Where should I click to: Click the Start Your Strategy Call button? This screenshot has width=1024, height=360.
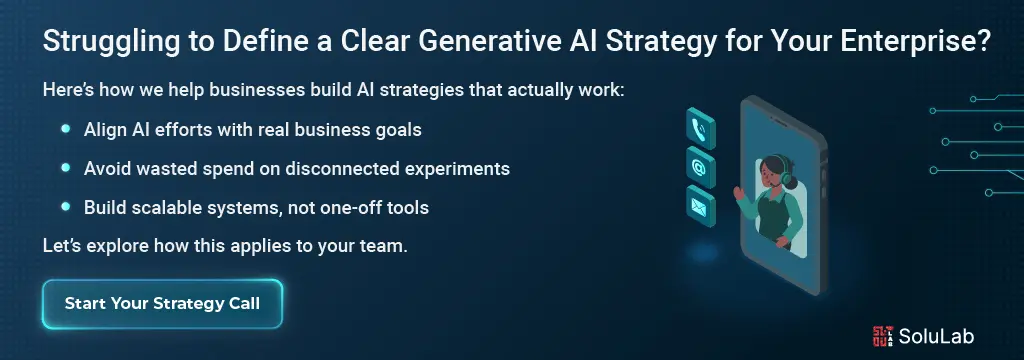pos(162,304)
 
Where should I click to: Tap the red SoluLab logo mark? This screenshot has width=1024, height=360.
pos(883,336)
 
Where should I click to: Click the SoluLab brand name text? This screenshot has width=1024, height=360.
pos(936,336)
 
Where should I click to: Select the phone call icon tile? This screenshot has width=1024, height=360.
pos(701,128)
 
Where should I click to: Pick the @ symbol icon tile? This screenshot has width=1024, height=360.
pos(701,167)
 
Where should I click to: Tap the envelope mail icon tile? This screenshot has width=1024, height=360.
pos(701,206)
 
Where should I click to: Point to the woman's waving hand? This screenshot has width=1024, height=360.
pos(739,193)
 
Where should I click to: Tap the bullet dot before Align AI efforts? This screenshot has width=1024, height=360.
pos(65,129)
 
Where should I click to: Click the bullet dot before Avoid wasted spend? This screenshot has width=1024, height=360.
pos(65,168)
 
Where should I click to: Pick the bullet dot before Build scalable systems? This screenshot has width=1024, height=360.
pos(65,207)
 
